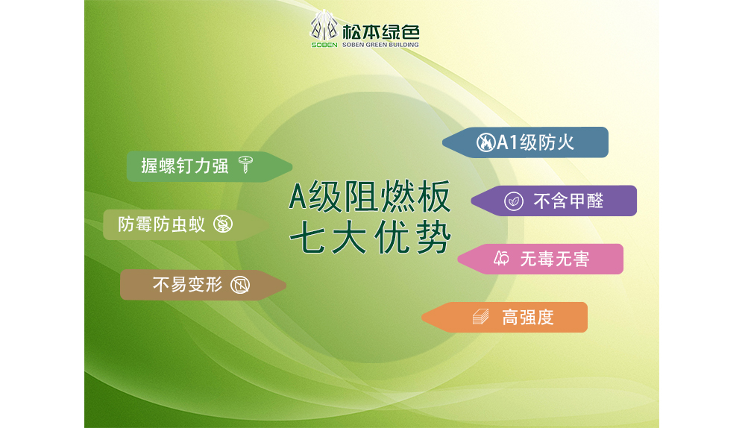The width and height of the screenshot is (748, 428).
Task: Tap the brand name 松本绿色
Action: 380,32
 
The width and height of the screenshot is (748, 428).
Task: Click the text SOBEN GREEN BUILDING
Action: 380,45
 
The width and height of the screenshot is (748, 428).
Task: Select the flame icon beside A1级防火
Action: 485,142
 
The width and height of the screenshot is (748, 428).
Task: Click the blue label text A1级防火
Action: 535,142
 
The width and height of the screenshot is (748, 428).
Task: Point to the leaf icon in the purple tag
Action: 514,201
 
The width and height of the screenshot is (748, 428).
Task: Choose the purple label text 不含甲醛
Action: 568,201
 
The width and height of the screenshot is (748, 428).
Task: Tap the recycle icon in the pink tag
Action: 501,259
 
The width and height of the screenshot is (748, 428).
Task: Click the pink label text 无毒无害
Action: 555,259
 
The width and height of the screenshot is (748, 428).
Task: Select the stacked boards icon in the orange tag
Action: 481,317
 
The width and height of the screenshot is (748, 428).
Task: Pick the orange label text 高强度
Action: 527,318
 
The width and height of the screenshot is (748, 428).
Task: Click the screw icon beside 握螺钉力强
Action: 245,165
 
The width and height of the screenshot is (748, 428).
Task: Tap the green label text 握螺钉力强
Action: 185,166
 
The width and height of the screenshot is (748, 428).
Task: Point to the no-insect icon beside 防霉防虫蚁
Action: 223,223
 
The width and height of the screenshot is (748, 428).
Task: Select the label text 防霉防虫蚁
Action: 162,224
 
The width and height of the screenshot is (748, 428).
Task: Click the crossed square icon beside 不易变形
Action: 240,285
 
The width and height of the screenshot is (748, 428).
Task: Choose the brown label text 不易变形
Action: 187,285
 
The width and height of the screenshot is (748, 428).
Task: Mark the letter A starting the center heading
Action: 298,197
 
